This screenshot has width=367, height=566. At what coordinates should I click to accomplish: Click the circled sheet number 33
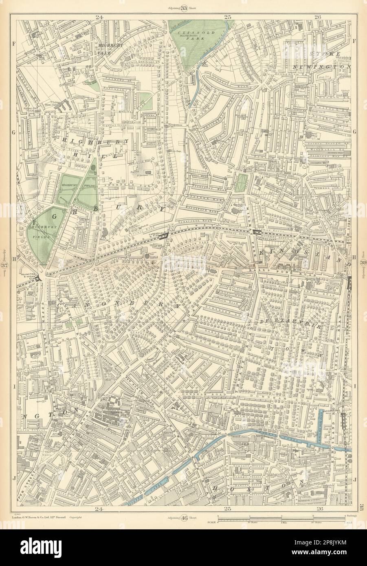[x=184, y=6]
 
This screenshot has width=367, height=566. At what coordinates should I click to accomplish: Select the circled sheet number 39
[x=362, y=263]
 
